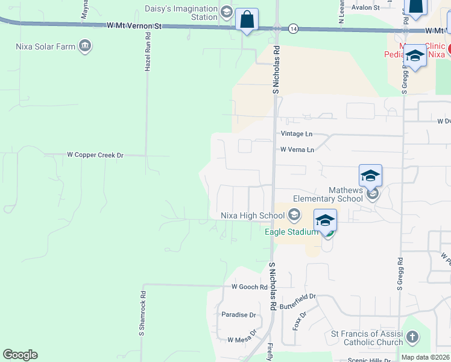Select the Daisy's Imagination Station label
pos(181,13)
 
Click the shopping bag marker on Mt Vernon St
pos(247,19)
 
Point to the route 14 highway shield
pos(293,28)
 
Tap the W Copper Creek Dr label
pos(95,155)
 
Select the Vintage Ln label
pos(297,133)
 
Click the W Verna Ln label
pos(297,150)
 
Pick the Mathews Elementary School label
pos(328,194)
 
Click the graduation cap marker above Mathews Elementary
pos(370,176)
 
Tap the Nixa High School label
pos(253,215)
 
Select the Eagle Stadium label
pos(291,232)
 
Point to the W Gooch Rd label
pos(249,287)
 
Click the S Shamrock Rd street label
pos(143,314)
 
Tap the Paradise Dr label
pos(239,315)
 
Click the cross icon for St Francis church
pos(412,337)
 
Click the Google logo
pos(20,355)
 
